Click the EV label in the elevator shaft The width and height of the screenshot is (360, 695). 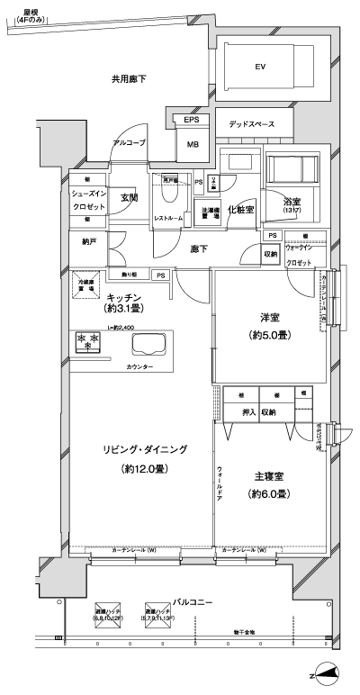[261, 67]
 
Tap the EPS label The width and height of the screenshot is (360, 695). [192, 121]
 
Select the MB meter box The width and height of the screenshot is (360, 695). [193, 143]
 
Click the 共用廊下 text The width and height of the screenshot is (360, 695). [129, 80]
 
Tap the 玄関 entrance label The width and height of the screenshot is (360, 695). [129, 197]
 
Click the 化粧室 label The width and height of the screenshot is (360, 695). [239, 209]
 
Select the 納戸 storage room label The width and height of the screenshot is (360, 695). [87, 241]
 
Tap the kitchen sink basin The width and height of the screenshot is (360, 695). [150, 344]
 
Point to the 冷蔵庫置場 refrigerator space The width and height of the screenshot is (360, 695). [86, 282]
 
